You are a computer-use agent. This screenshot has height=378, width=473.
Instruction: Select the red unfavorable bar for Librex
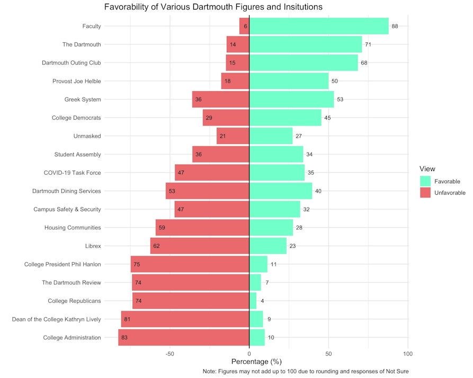pos(200,246)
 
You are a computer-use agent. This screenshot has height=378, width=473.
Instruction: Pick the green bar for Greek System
pos(291,99)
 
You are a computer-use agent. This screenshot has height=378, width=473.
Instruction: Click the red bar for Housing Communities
pos(202,228)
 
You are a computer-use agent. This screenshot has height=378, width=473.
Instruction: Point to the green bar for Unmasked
pos(271,136)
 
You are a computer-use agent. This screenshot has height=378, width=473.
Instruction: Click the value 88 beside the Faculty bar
pos(395,26)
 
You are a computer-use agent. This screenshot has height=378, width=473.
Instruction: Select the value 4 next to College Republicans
pos(262,301)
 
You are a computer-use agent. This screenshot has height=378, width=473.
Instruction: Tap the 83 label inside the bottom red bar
pos(124,337)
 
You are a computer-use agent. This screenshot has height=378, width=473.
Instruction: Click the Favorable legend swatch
pos(425,181)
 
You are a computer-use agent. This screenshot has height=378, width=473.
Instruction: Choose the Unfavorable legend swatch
pos(425,193)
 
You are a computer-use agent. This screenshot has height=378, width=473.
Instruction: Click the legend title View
pos(427,168)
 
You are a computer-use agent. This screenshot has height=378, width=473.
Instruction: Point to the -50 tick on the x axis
pos(169,353)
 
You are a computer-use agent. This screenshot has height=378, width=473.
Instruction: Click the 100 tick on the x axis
pos(408,353)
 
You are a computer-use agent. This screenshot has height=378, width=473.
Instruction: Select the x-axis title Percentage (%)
pos(249,362)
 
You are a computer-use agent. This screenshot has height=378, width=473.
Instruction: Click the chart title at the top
pos(213,7)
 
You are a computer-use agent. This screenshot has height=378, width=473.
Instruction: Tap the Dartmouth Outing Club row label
pos(72,62)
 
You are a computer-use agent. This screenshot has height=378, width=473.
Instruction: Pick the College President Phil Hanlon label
pos(63,264)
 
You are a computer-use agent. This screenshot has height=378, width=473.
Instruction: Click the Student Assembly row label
pos(77,155)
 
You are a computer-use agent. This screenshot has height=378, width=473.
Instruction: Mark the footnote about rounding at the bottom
pos(306,372)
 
